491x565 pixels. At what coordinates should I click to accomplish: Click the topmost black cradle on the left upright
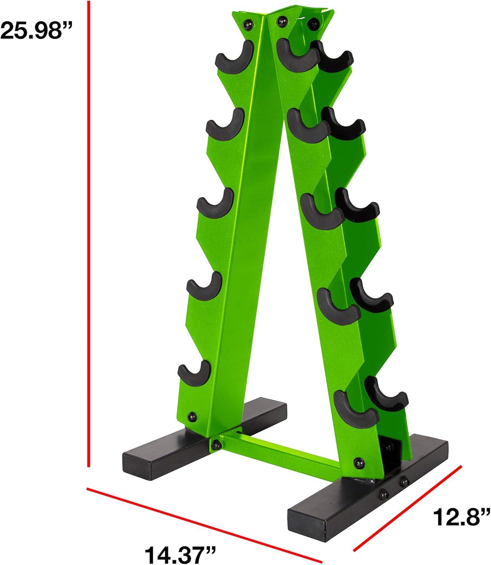pos(235,57)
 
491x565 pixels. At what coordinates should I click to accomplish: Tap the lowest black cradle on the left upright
pos(194,372)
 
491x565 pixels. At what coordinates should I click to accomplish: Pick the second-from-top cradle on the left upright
pos(225,124)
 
